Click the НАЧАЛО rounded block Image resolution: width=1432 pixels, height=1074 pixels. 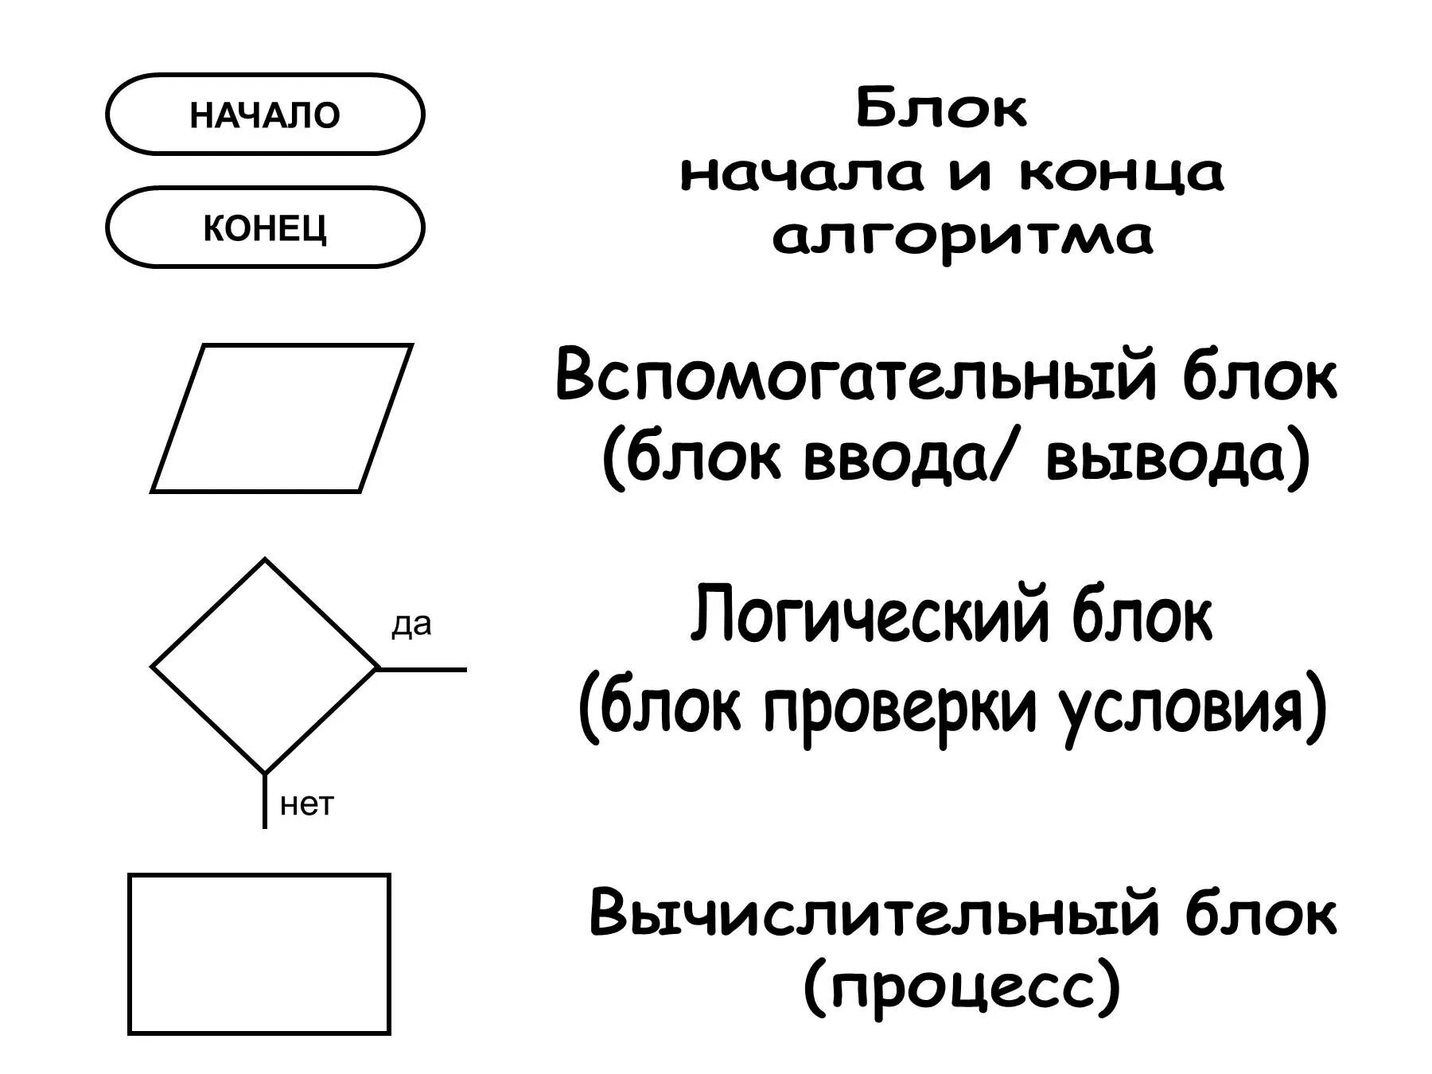[x=265, y=115]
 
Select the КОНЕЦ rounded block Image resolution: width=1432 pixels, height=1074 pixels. [x=265, y=228]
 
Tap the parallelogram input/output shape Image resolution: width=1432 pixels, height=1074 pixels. [x=282, y=418]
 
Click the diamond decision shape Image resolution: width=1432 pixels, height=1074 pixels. [x=264, y=667]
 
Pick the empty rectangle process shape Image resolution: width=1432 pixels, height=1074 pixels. [x=259, y=954]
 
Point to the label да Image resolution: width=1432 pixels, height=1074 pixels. [x=411, y=625]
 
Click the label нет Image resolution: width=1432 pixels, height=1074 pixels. [x=307, y=805]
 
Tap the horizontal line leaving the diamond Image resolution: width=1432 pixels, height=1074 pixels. [x=422, y=670]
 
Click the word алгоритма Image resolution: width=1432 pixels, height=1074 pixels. [x=963, y=237]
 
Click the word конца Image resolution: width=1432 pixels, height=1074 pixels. [x=1122, y=173]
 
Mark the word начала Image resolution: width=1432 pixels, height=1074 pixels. [x=804, y=173]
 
